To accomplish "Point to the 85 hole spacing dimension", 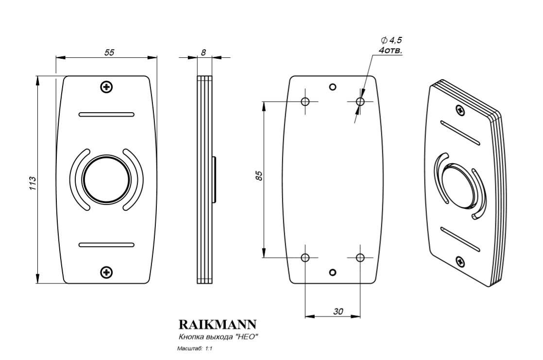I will (259, 176).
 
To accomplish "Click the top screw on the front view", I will (106, 87).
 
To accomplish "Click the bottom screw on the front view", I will (106, 272).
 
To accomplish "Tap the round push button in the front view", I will (106, 179).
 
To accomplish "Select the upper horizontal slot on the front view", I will (106, 115).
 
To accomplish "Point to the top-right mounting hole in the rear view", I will (360, 102).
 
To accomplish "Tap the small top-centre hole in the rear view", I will (333, 87).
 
